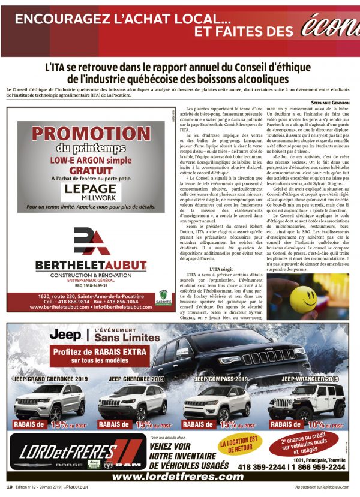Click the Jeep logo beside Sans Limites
pos(64,334)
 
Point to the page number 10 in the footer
pos(10,487)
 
